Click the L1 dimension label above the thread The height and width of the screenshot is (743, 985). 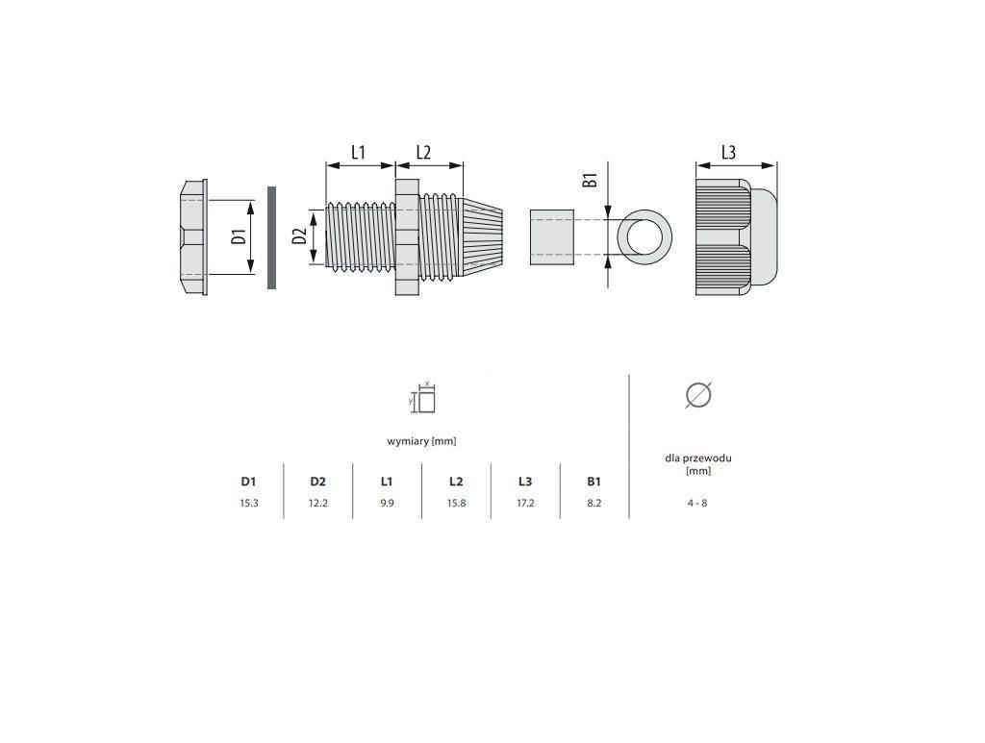(x=358, y=153)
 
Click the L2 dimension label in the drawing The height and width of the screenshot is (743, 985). (x=423, y=153)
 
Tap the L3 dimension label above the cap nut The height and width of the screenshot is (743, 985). (x=728, y=153)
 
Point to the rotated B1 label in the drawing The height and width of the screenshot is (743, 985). (x=590, y=180)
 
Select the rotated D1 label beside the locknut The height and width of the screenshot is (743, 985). (x=238, y=237)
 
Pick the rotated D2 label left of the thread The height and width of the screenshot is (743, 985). (x=300, y=236)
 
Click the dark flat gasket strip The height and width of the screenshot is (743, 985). (x=271, y=237)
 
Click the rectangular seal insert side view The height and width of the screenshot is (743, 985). (x=551, y=237)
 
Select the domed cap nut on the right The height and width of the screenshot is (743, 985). (x=736, y=237)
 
